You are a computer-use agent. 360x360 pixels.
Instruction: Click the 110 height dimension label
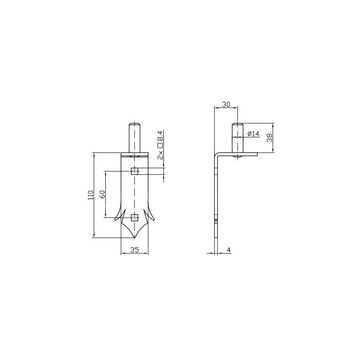[91, 195]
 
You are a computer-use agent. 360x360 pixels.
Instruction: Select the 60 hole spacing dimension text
[103, 194]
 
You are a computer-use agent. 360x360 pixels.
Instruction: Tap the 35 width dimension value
[135, 250]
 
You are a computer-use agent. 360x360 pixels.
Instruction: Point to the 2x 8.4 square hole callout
[160, 145]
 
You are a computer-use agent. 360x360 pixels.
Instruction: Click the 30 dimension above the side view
[226, 104]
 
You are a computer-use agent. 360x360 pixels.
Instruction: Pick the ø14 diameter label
[253, 134]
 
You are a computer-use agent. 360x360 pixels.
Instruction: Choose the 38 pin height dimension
[269, 138]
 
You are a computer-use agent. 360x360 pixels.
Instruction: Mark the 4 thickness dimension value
[229, 250]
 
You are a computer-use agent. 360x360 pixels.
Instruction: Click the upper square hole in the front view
[134, 171]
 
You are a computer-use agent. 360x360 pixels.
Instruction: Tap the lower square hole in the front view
[134, 217]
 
